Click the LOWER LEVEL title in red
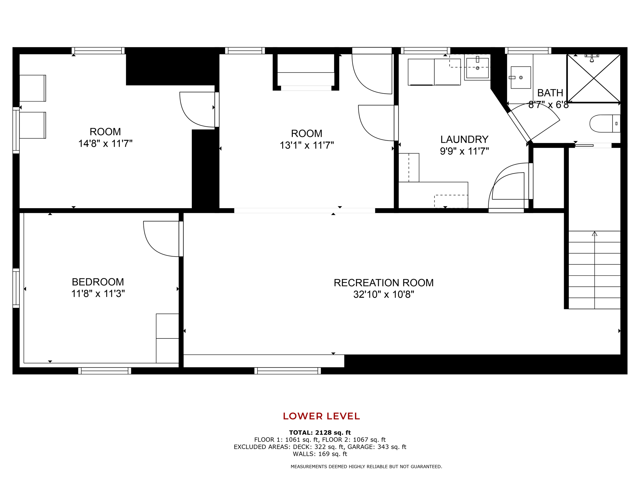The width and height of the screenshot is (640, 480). [321, 416]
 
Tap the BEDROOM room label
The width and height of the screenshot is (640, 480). [98, 282]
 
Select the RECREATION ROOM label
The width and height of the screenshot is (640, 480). [384, 283]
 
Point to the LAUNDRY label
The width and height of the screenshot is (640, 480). [464, 139]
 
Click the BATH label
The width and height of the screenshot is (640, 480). [550, 93]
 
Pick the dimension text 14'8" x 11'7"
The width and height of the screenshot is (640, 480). [105, 143]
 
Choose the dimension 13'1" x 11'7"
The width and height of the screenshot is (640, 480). [307, 145]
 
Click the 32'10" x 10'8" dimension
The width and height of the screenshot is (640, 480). [384, 294]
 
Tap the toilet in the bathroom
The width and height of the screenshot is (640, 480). [605, 123]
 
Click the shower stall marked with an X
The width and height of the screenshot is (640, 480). [593, 78]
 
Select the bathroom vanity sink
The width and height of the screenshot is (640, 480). [521, 77]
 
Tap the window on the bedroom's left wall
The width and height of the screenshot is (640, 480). [16, 288]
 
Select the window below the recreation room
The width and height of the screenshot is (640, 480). [287, 371]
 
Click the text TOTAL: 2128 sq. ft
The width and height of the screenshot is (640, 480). [320, 433]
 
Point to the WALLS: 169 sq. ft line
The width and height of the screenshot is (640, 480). [320, 454]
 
